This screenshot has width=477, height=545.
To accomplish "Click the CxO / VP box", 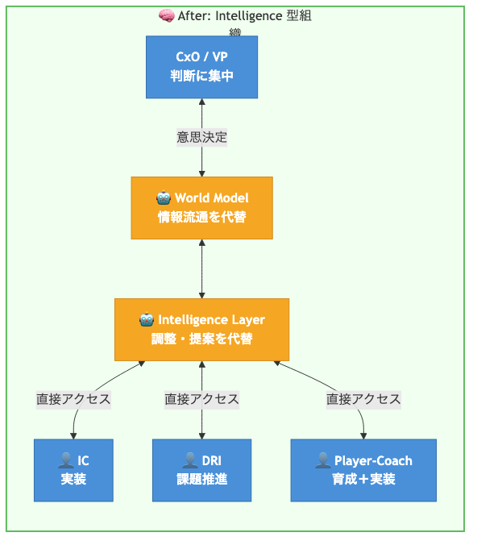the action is click(201, 67).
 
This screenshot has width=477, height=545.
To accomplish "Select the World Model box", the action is click(202, 208).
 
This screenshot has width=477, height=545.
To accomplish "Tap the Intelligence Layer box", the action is click(202, 330).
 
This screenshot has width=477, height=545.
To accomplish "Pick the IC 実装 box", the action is click(73, 470).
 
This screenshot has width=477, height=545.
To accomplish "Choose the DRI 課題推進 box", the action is click(202, 470).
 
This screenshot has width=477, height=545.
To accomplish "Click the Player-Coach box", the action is click(363, 470).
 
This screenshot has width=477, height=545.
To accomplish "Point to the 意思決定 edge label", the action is click(202, 137).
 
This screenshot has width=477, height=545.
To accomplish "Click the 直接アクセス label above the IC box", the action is click(73, 399).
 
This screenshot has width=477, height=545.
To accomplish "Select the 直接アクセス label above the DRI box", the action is click(202, 399).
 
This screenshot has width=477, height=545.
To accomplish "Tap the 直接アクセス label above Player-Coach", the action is click(363, 399).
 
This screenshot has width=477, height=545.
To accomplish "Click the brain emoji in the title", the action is click(167, 16).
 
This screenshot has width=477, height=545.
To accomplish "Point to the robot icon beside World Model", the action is click(164, 198).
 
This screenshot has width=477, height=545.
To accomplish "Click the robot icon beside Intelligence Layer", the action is click(147, 319).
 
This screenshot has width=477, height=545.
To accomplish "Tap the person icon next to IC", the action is click(66, 460).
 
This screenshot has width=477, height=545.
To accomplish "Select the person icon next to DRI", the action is click(190, 460).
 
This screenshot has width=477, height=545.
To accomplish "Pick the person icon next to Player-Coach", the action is click(323, 460).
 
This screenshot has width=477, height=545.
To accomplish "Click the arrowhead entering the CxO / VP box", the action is click(202, 102).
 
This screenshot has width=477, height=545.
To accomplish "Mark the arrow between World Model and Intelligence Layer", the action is click(202, 268).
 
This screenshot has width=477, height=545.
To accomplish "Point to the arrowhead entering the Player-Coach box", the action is click(363, 436).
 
